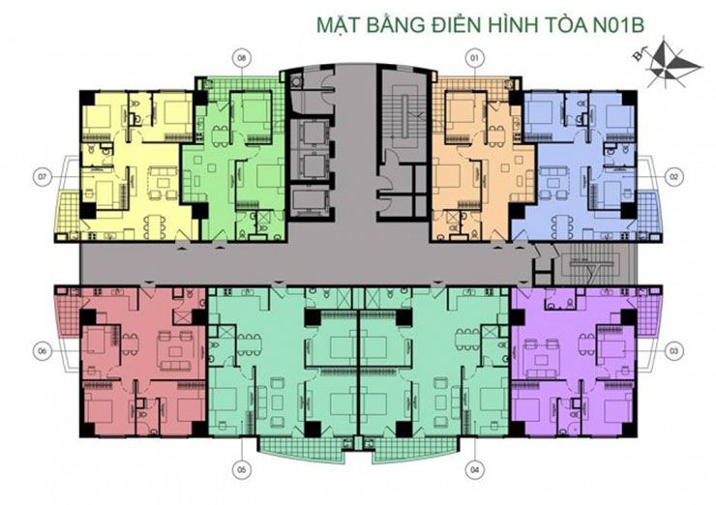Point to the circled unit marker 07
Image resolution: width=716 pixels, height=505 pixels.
click(x=41, y=177)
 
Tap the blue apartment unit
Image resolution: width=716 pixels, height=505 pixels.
click(x=581, y=164)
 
